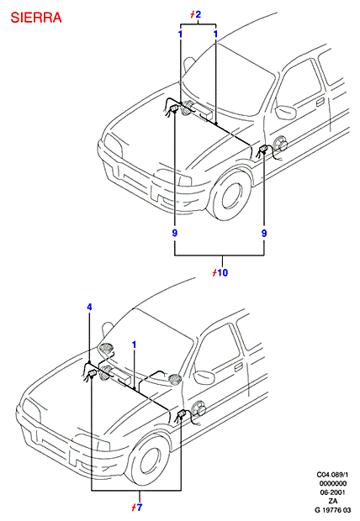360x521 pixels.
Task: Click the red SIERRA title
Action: (36, 18)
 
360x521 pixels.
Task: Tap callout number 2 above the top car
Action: (198, 14)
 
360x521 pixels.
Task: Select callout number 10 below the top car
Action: (223, 273)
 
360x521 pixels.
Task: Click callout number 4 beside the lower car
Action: (89, 307)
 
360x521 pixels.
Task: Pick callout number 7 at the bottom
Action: (139, 508)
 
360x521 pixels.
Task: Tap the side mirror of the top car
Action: (285, 113)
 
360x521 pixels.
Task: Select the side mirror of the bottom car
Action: (204, 376)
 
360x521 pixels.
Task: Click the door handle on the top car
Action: (320, 102)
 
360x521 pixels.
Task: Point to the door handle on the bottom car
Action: (239, 367)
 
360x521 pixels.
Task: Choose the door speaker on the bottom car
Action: (199, 408)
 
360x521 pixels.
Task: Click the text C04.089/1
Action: (332, 475)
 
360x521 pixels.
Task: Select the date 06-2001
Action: (332, 492)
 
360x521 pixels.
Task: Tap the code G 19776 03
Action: (332, 510)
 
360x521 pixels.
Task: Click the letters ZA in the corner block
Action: (332, 501)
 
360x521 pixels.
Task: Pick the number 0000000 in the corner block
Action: (332, 483)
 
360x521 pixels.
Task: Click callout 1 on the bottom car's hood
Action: (134, 345)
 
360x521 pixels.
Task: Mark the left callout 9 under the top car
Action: (175, 234)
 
